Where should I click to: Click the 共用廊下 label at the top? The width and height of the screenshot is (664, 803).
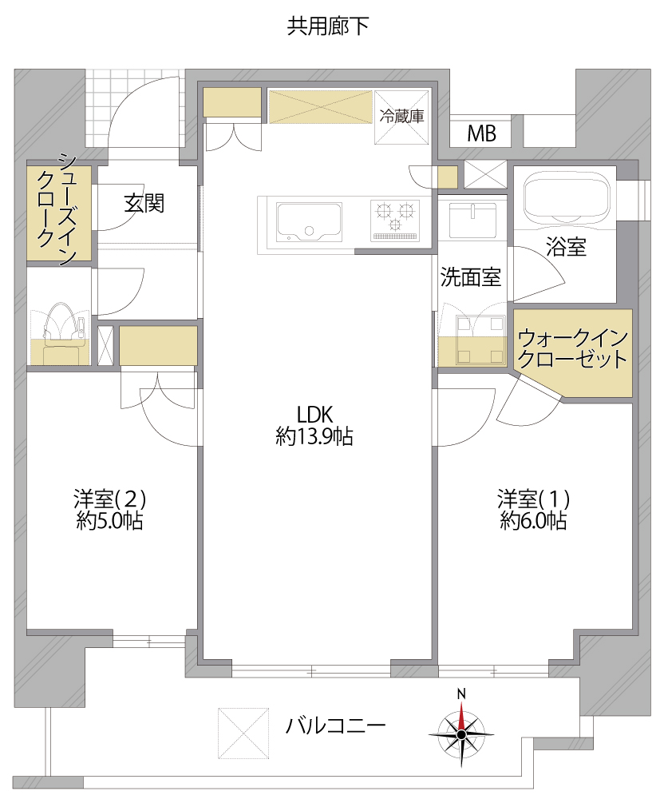point(328,26)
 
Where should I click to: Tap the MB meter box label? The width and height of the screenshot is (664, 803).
point(481,133)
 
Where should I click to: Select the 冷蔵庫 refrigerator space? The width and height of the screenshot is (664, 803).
point(401,117)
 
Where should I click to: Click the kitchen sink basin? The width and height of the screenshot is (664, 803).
point(309,222)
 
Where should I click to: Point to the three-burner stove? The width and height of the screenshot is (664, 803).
point(395,221)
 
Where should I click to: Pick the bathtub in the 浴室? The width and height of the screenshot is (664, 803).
point(567,197)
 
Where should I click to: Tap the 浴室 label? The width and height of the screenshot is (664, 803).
point(566,247)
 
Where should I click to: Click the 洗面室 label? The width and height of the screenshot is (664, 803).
point(471,277)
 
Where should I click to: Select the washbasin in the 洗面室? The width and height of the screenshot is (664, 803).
point(472,221)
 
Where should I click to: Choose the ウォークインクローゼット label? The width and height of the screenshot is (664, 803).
point(572,348)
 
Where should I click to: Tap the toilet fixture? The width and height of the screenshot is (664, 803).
point(61,333)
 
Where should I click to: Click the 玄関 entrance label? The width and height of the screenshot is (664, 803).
point(144,203)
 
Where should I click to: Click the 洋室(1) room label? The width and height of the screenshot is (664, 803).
point(534,510)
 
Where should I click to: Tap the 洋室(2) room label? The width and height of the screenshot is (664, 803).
point(110,510)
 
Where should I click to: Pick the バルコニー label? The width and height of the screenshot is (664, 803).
point(335,725)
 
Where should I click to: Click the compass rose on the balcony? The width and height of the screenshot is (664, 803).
point(461,733)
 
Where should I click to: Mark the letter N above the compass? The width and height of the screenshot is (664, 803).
point(461,694)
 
